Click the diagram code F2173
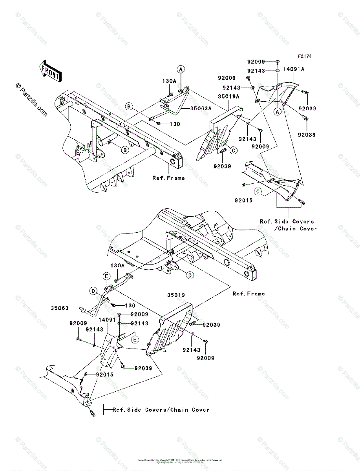tap(304, 56)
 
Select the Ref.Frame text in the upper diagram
tap(168, 178)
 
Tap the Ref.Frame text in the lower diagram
tap(249, 294)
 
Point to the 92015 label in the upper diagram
tap(243, 200)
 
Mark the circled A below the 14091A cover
tap(277, 111)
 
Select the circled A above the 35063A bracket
tap(181, 69)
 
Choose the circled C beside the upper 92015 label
tap(258, 191)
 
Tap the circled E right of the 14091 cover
tap(134, 339)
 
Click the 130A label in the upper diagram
tap(169, 80)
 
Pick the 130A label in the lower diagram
tap(117, 265)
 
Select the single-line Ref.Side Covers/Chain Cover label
tap(161, 410)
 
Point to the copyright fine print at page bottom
tap(180, 461)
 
